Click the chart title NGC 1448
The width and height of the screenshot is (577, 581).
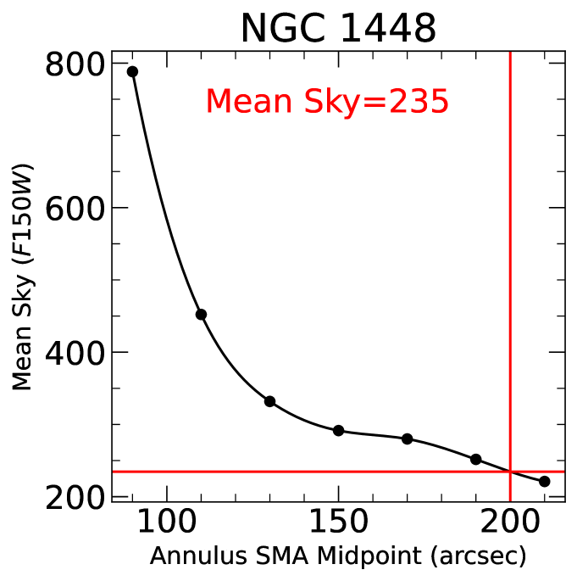pos(338,28)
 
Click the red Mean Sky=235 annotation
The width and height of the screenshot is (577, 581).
pos(326,102)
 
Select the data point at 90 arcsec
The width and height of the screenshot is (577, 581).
pos(132,71)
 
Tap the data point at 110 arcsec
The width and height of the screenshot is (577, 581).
pos(202,315)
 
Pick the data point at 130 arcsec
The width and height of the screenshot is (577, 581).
pos(270,401)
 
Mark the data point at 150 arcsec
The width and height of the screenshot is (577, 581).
pos(339,431)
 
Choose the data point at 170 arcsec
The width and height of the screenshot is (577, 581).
pos(408,439)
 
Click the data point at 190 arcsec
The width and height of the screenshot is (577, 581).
pos(476,460)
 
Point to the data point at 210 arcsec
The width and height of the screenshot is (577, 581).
pos(545,482)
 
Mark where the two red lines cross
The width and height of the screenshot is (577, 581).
pos(510,472)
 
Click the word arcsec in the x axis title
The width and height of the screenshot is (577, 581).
pos(479,557)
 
